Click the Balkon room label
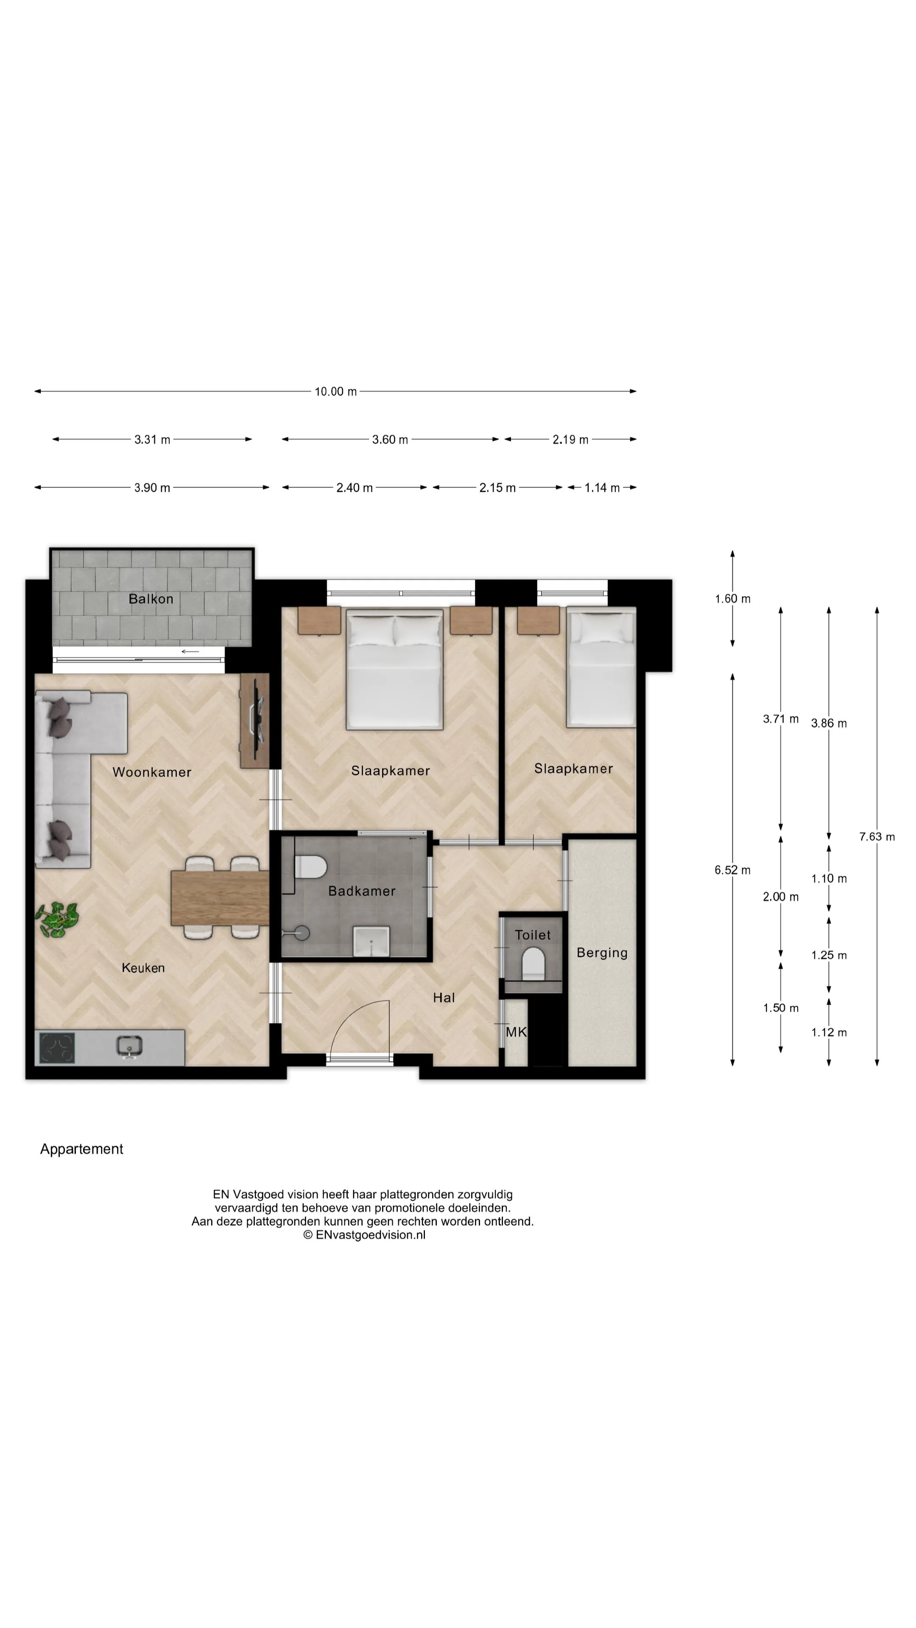[x=151, y=599]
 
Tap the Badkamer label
[x=362, y=891]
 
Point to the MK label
[x=516, y=1032]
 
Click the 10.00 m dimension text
[x=336, y=392]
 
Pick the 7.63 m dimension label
[x=877, y=837]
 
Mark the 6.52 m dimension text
[x=733, y=870]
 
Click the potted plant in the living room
[x=57, y=918]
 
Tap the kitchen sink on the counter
[x=129, y=1047]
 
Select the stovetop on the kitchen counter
[x=57, y=1048]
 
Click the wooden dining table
[x=220, y=898]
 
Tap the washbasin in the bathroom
[x=371, y=942]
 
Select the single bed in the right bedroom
[x=600, y=667]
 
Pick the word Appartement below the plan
[x=81, y=1149]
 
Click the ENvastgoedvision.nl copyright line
[x=364, y=1234]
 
